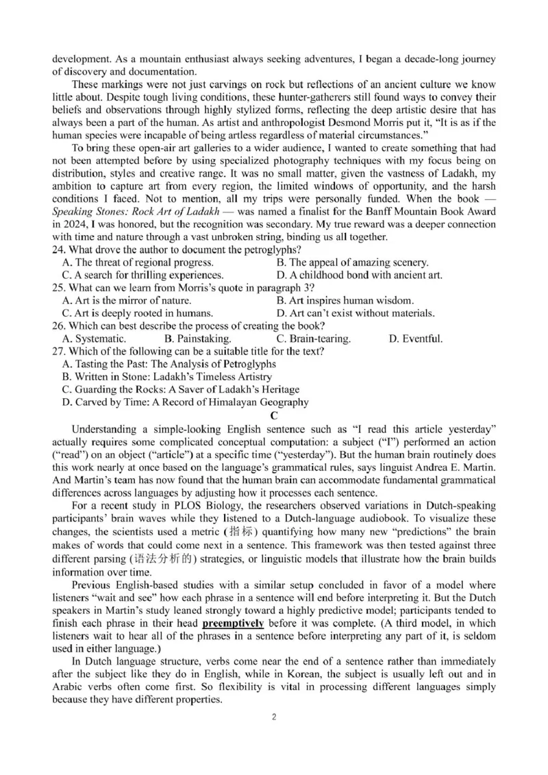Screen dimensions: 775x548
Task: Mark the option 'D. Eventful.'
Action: point(416,339)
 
